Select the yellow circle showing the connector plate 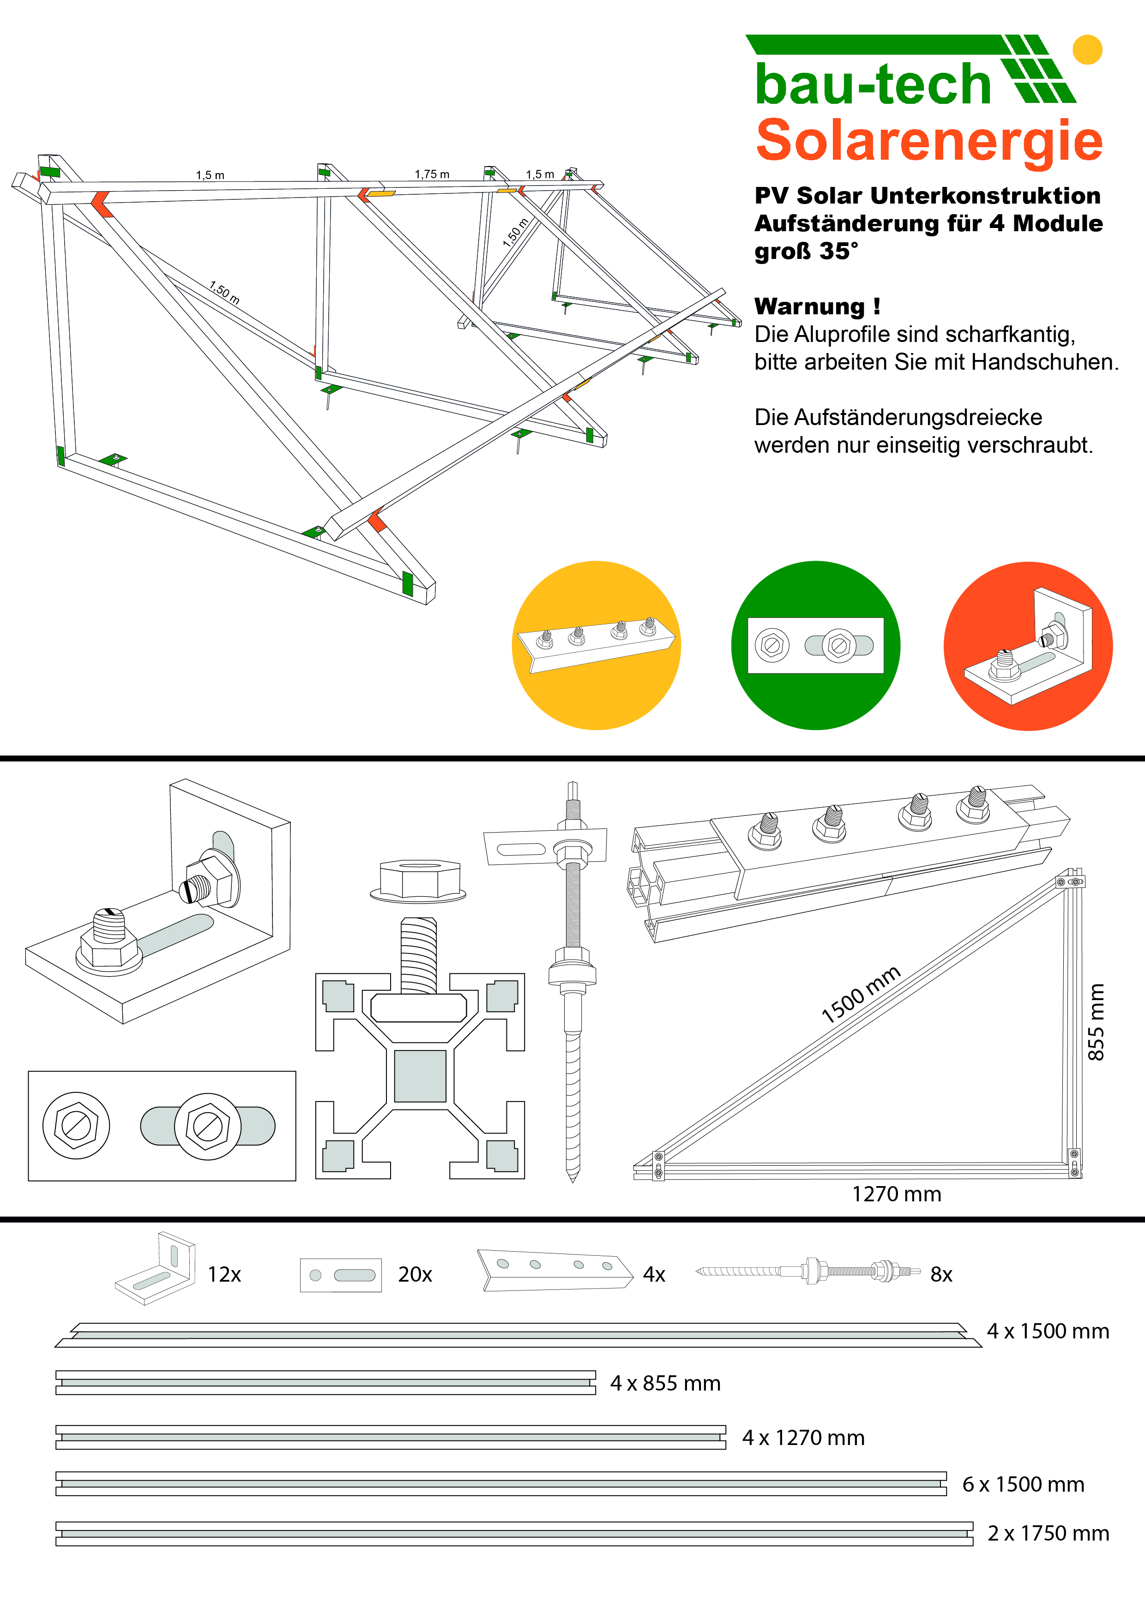(x=596, y=645)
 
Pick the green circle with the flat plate (x=815, y=645)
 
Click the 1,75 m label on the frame (x=432, y=174)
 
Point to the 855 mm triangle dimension (x=1095, y=1022)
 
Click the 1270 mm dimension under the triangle (x=896, y=1194)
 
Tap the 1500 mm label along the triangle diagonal (x=861, y=994)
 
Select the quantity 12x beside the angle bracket (x=224, y=1274)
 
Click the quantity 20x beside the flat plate (x=415, y=1274)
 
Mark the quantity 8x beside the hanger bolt (x=941, y=1274)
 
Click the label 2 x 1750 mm (x=1048, y=1533)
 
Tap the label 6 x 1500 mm (x=1023, y=1484)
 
